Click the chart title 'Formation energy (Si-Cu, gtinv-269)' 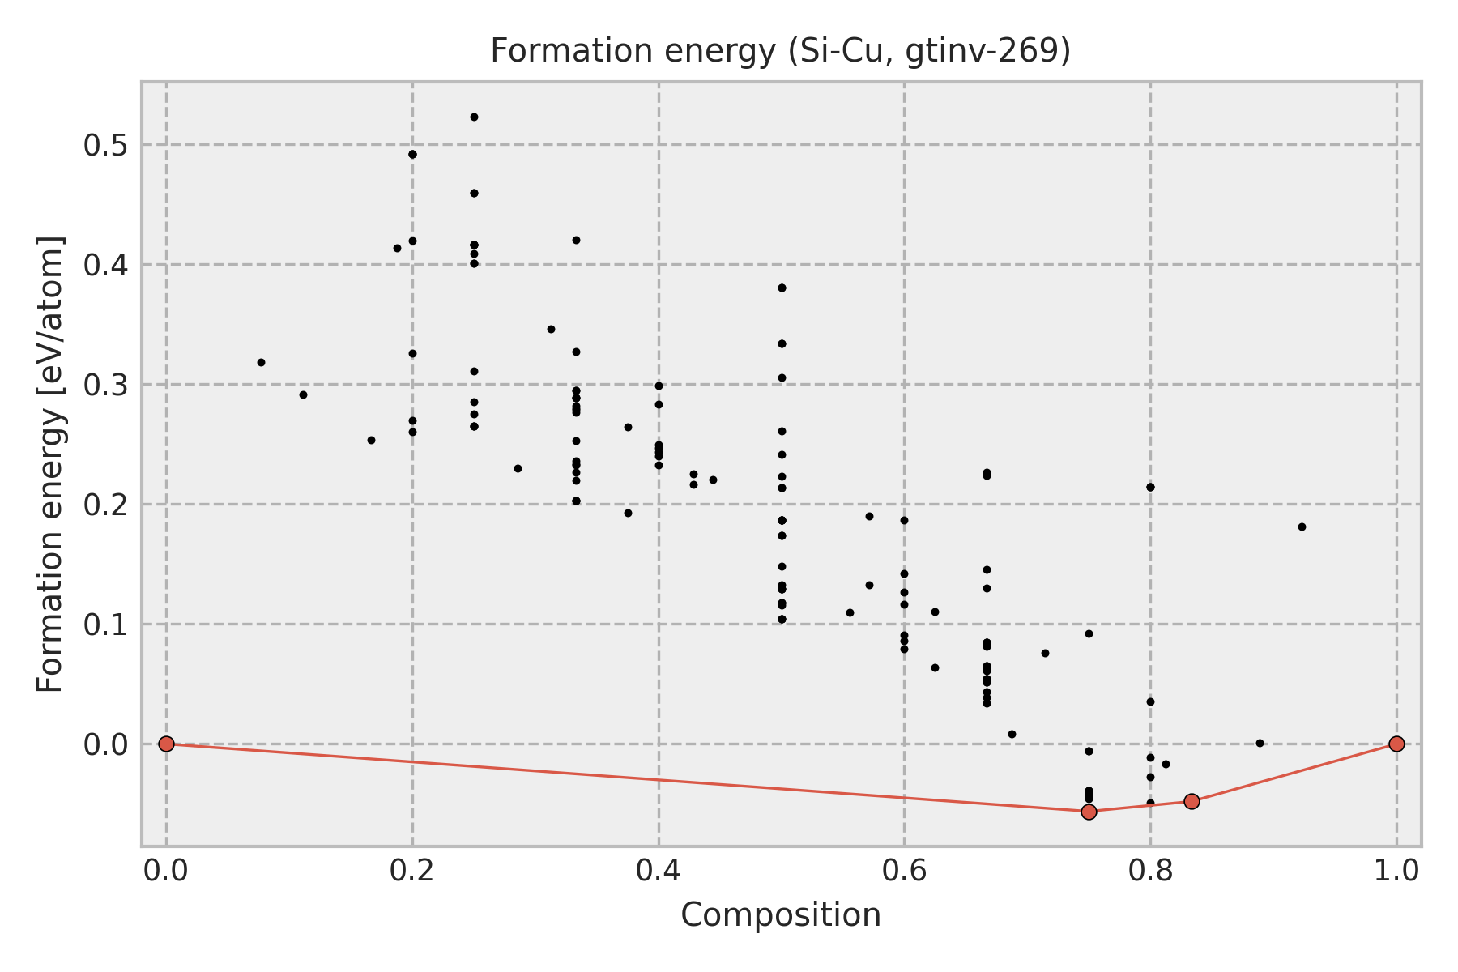[x=781, y=51]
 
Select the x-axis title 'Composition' [x=781, y=915]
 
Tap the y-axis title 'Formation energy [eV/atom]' [x=50, y=464]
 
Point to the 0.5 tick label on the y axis [x=105, y=145]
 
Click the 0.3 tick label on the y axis [x=105, y=385]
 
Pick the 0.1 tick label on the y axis [x=105, y=625]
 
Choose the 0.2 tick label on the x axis [x=412, y=870]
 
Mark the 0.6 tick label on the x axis [x=904, y=870]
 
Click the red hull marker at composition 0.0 [x=166, y=744]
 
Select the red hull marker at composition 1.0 [x=1396, y=744]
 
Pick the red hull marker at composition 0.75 [x=1089, y=812]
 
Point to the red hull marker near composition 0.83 [x=1192, y=801]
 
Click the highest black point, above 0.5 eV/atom [x=474, y=117]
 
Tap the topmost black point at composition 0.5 [x=782, y=288]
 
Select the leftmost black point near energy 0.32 [x=261, y=362]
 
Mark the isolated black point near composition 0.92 [x=1302, y=526]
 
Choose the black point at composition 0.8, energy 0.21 [x=1150, y=487]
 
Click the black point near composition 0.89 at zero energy [x=1260, y=743]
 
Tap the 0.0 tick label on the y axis [x=105, y=744]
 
